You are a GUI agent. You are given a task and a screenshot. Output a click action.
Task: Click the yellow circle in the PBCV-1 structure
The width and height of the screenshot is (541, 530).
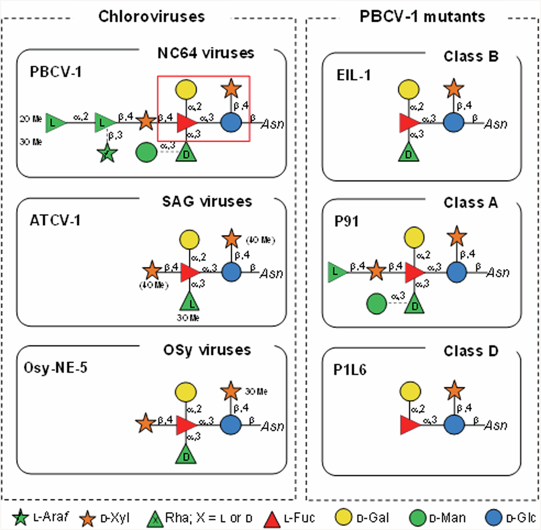click(186, 90)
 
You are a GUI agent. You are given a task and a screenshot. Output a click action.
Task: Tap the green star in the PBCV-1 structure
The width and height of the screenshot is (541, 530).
click(107, 153)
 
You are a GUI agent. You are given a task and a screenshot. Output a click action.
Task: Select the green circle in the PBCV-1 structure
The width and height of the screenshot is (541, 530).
click(146, 153)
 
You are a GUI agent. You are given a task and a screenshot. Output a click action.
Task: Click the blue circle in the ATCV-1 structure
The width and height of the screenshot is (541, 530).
click(231, 272)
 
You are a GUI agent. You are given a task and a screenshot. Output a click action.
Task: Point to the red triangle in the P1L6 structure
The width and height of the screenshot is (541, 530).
click(409, 425)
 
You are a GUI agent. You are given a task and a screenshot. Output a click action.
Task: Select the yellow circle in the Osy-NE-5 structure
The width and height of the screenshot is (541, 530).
click(185, 392)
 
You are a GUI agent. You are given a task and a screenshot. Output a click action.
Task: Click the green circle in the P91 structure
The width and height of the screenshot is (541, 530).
click(376, 303)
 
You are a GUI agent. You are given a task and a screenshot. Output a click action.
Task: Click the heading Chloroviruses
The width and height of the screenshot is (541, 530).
click(151, 16)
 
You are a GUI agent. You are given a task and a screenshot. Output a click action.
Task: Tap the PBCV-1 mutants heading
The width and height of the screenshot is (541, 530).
click(422, 16)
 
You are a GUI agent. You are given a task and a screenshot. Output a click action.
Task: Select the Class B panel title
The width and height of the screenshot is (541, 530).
click(471, 56)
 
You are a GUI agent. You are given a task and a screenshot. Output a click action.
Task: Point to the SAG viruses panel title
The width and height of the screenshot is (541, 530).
click(207, 201)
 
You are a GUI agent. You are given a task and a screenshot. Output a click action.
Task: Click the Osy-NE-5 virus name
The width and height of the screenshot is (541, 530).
click(56, 368)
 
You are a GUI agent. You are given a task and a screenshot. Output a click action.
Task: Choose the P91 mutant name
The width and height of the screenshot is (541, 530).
click(347, 221)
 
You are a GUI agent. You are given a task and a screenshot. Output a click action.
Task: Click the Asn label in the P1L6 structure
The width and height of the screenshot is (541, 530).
click(496, 425)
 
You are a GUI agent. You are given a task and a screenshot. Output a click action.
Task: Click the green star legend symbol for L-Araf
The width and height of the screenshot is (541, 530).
click(20, 518)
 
